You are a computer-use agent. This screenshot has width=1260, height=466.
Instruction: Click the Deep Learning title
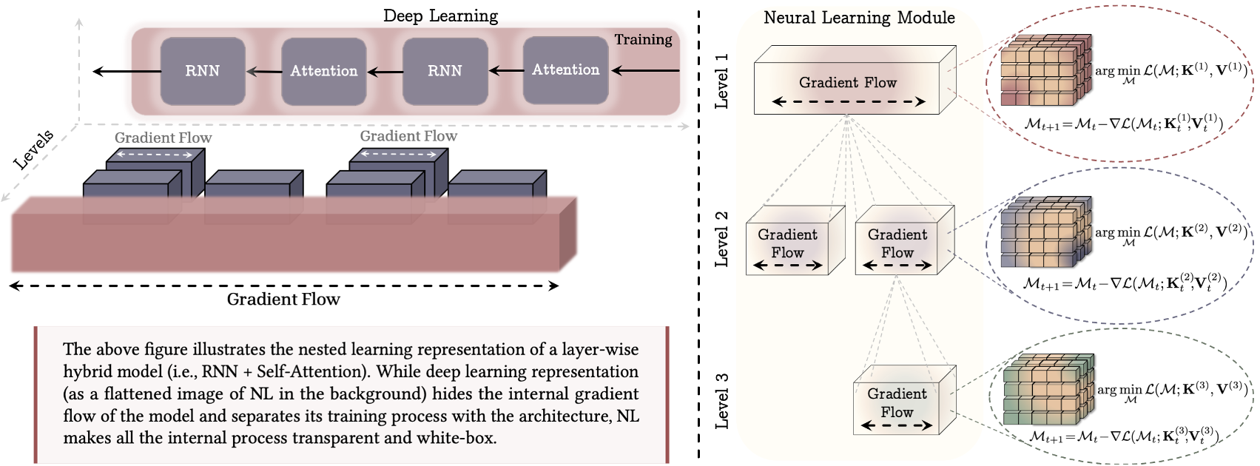(x=440, y=16)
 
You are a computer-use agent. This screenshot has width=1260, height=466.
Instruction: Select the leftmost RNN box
(x=202, y=71)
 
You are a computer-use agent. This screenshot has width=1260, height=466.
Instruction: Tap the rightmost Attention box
(x=565, y=70)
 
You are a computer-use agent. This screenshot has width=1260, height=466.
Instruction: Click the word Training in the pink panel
(x=643, y=39)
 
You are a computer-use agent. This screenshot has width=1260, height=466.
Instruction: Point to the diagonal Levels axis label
(x=34, y=149)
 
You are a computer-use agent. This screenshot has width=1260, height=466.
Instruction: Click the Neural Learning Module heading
(x=858, y=18)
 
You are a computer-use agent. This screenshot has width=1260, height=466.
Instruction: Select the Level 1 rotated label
(x=721, y=81)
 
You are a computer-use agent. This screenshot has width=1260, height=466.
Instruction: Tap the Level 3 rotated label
(x=721, y=400)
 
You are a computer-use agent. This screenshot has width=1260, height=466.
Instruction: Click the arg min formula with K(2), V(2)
(x=1171, y=233)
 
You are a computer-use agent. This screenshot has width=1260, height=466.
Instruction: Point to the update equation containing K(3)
(x=1123, y=436)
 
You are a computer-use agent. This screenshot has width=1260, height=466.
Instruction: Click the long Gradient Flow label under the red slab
(x=283, y=300)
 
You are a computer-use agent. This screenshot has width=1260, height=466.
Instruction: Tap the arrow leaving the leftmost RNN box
(x=126, y=72)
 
